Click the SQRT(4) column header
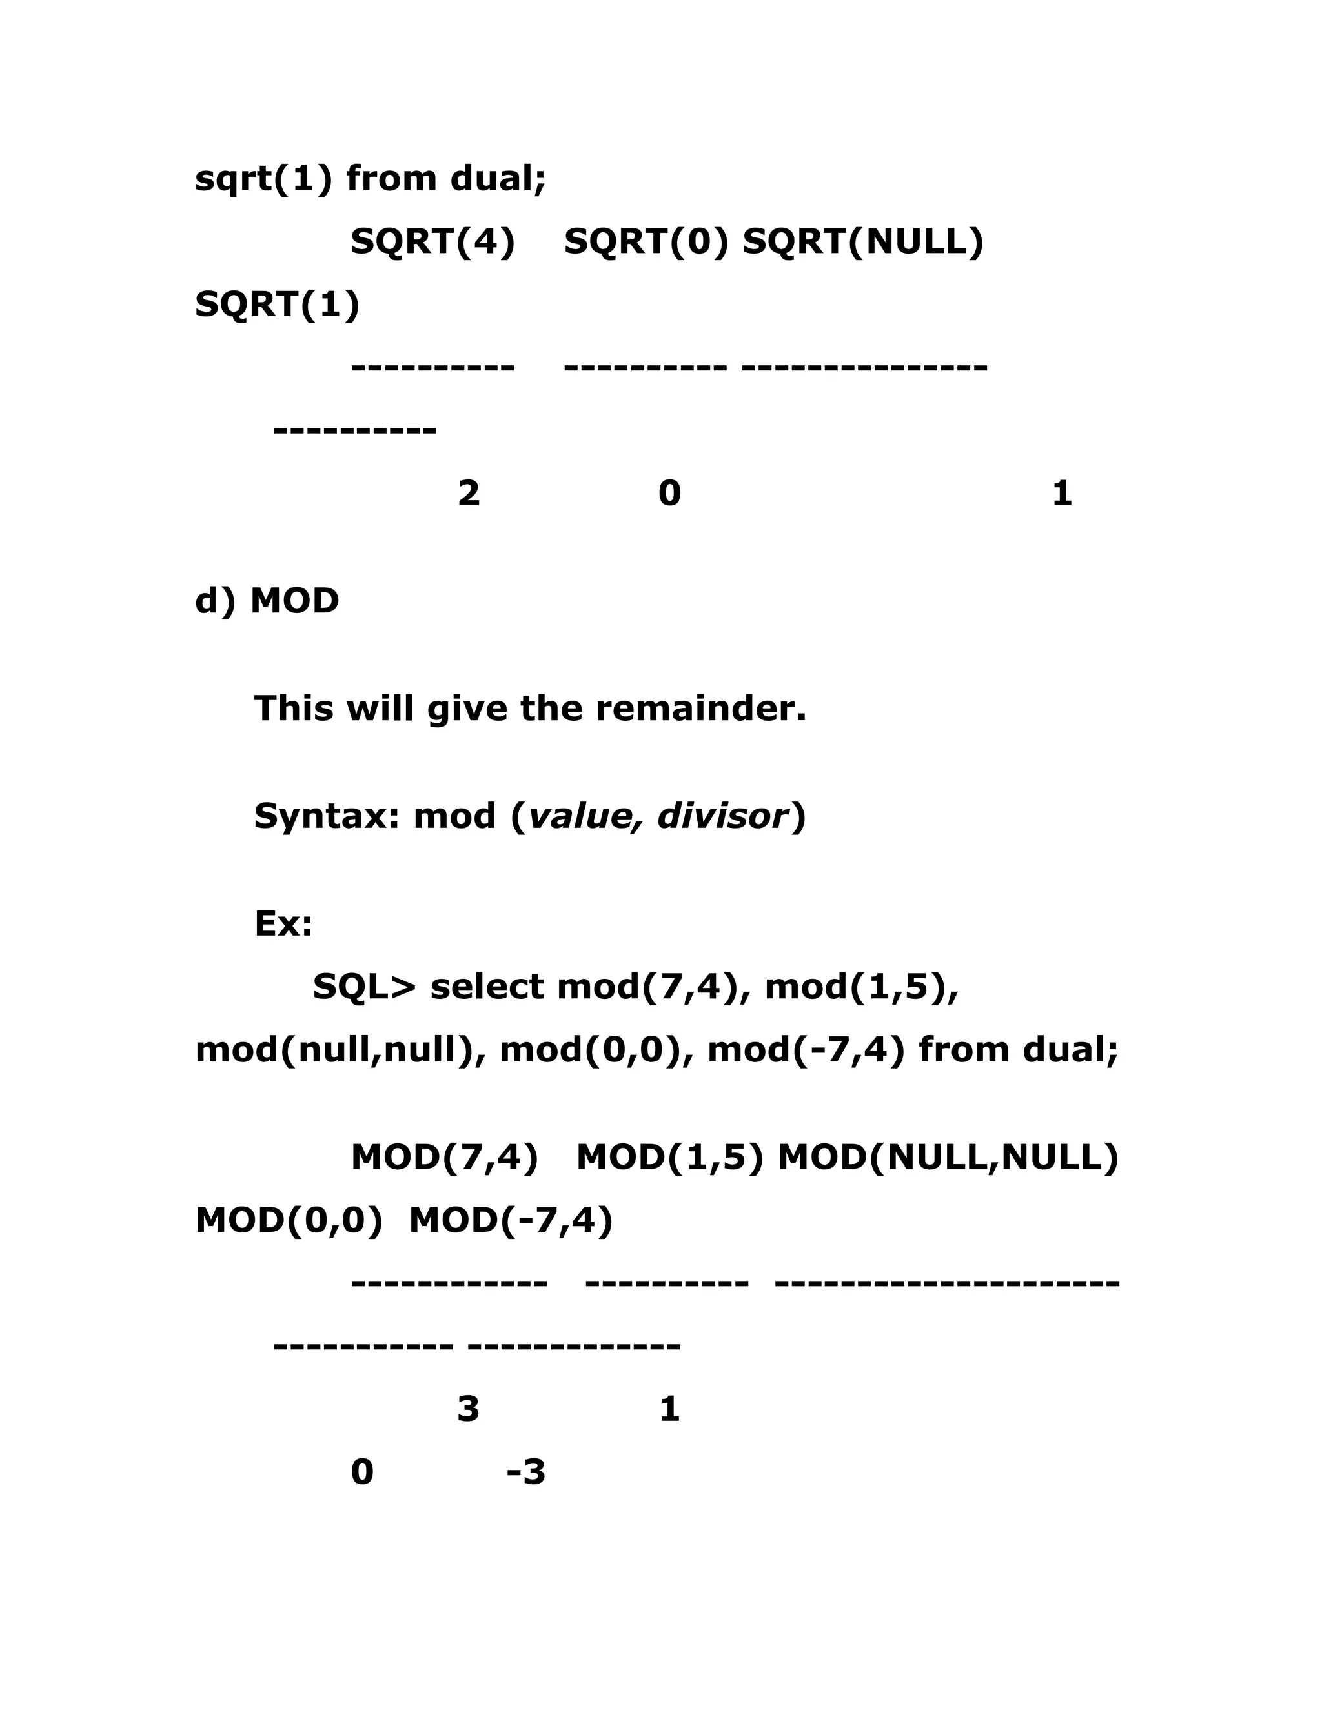coord(432,242)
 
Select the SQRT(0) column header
coord(646,242)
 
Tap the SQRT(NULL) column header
coord(862,242)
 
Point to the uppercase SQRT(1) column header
coord(277,305)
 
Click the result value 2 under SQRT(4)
coord(469,493)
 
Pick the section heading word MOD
coord(294,601)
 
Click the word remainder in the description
coord(700,709)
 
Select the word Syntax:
coord(326,817)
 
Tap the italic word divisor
coord(721,817)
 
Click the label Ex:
coord(283,925)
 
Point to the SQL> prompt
coord(364,987)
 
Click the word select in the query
coord(486,987)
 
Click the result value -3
coord(525,1473)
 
